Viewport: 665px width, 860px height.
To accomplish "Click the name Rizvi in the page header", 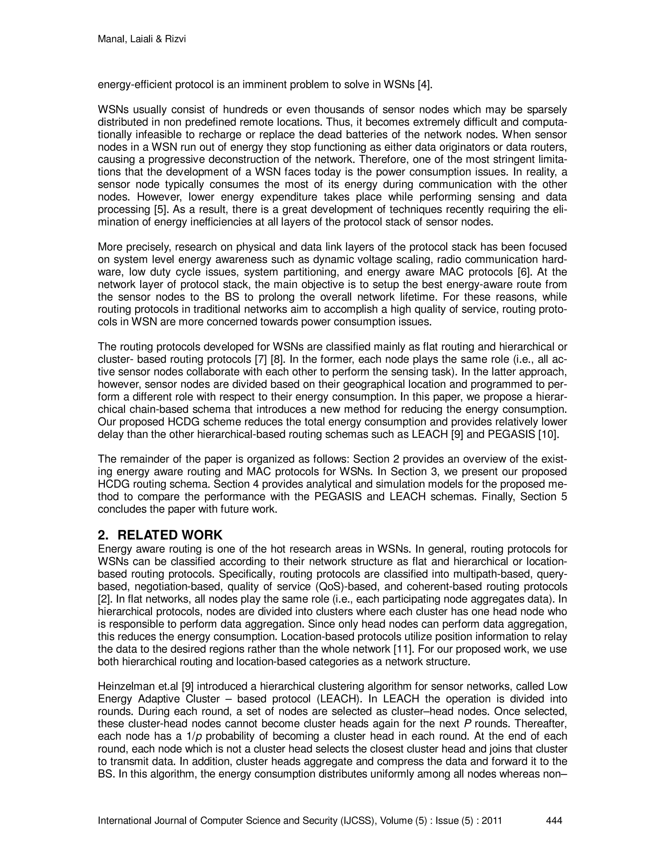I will (x=174, y=39).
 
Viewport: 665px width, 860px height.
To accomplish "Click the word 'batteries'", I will (x=373, y=135).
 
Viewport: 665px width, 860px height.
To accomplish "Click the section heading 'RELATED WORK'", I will (x=170, y=535).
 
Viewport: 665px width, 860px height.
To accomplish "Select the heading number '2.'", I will (x=103, y=535).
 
